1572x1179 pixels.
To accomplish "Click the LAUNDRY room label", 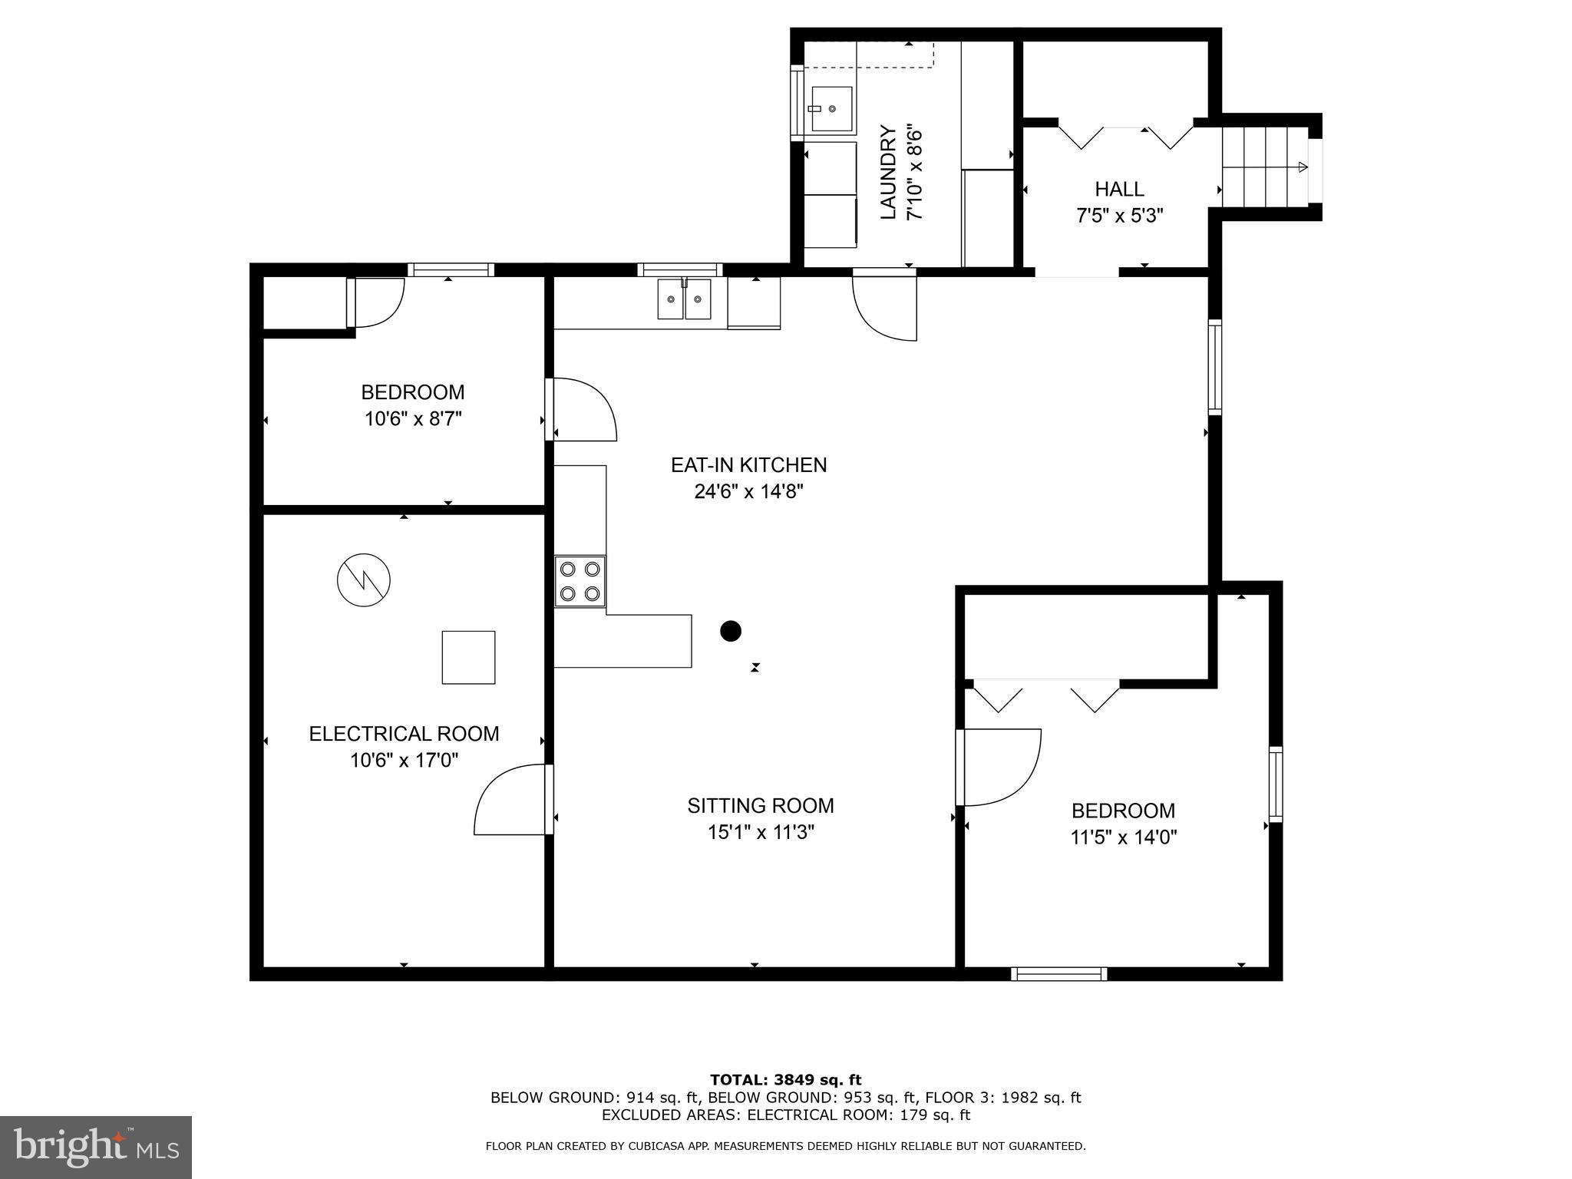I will click(x=888, y=172).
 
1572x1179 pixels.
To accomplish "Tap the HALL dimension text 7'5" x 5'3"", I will click(x=1119, y=216).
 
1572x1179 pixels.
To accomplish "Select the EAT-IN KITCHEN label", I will click(x=748, y=464).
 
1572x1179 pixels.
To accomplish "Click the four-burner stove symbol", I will click(x=580, y=581).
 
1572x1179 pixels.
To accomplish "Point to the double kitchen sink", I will click(x=684, y=299).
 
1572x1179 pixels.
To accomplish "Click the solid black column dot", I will click(x=731, y=631).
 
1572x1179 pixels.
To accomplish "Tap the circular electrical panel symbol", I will click(x=364, y=580).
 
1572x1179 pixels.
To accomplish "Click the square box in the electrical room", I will click(x=468, y=657).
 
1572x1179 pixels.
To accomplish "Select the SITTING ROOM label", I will click(x=760, y=805).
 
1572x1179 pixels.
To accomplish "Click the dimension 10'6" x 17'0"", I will click(x=404, y=761).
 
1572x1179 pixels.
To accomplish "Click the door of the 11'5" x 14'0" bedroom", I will click(x=998, y=767).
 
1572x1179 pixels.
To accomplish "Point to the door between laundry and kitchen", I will click(x=885, y=305).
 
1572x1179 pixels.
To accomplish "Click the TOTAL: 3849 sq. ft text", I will click(x=785, y=1080).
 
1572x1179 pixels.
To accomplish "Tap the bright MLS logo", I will click(x=96, y=1147).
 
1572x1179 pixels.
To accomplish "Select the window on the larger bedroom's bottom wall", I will click(x=1058, y=974).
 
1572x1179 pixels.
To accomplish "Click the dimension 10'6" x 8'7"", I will click(x=413, y=419).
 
